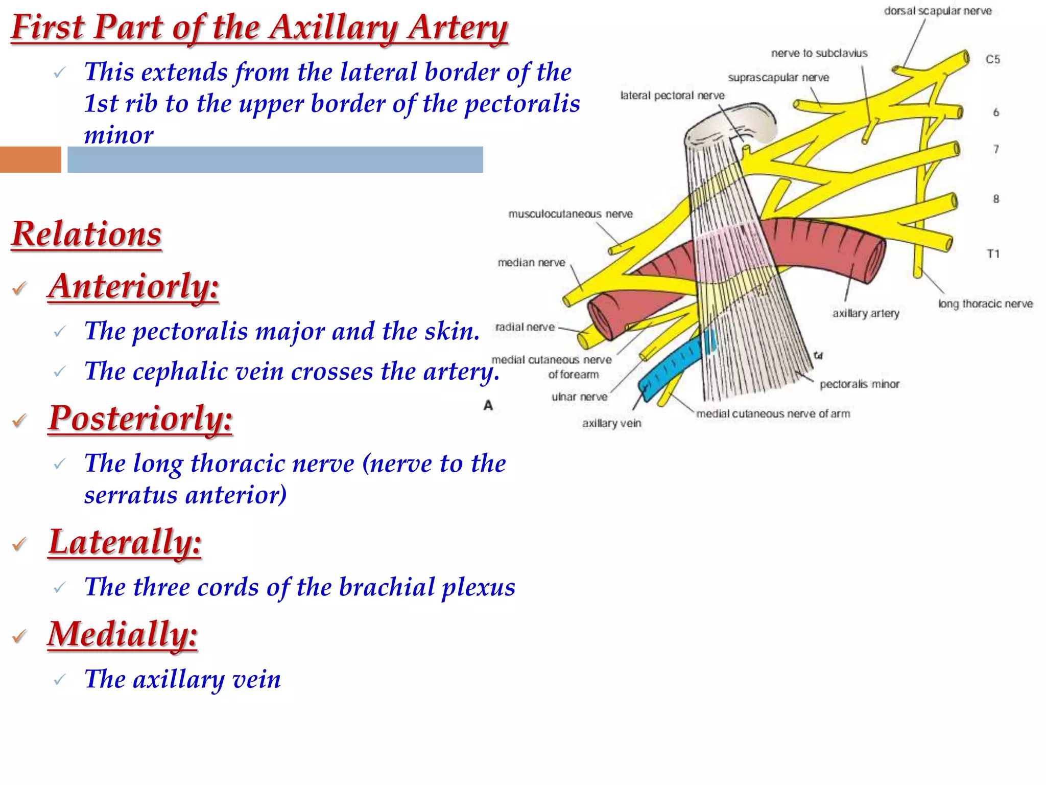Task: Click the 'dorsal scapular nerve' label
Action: (938, 11)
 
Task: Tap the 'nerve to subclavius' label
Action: (819, 53)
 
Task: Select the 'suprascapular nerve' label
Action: (778, 78)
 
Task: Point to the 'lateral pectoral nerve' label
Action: (672, 96)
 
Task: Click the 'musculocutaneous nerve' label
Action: (570, 214)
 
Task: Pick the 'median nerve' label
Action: (531, 263)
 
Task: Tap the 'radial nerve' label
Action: (525, 327)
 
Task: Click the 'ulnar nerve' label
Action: (579, 397)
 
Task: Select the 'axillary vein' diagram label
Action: (611, 423)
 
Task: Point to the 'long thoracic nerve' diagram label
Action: (985, 304)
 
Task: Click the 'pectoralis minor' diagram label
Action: (859, 384)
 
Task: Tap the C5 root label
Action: (992, 59)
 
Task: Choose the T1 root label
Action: (992, 254)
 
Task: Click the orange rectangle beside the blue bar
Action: (30, 159)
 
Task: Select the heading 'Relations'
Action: (86, 234)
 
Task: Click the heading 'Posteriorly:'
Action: (140, 418)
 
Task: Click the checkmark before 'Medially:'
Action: (20, 636)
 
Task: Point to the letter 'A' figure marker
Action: (488, 405)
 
